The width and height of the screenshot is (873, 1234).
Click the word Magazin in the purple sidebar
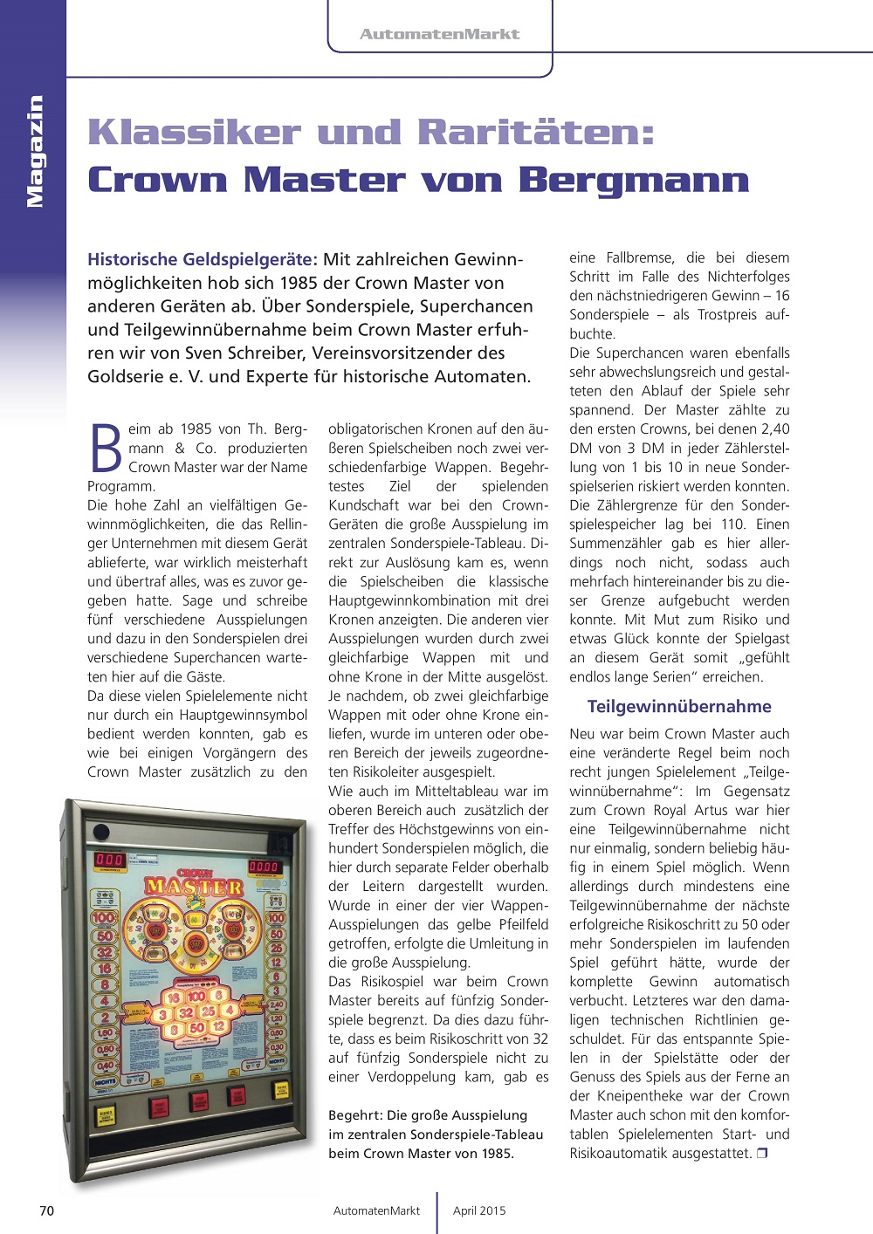35,151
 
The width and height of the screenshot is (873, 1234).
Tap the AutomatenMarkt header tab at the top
439,34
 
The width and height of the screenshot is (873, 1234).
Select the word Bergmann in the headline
634,180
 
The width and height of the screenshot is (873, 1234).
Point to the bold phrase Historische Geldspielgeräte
202,259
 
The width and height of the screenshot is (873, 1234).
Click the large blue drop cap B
106,449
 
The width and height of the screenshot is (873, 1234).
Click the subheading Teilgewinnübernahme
679,706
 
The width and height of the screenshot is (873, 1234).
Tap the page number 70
47,1210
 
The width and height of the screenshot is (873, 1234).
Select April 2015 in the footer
479,1210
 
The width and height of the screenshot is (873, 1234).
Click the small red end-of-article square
762,1153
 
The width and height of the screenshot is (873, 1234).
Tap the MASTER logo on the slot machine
193,886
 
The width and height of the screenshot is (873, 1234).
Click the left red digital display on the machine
110,860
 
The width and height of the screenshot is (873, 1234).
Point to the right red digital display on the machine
264,867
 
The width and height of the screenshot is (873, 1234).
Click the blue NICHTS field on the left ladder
105,1080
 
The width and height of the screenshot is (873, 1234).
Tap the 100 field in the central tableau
196,996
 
